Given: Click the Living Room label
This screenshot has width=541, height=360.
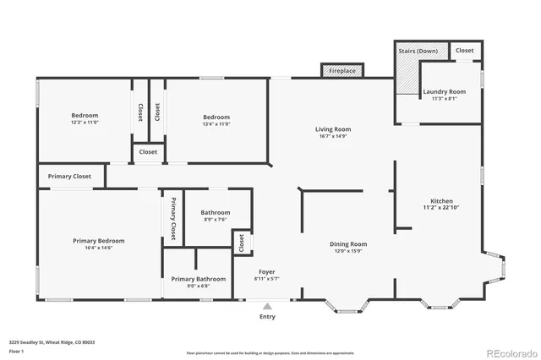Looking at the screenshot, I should [333, 129].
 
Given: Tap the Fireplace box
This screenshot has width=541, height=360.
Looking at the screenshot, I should [342, 71].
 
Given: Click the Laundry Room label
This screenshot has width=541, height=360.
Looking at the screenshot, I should [445, 91].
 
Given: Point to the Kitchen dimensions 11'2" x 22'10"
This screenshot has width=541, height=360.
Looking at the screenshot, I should [440, 207].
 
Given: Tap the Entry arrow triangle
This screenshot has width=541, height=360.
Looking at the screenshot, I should [267, 306].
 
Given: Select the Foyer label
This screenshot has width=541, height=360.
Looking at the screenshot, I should [267, 271].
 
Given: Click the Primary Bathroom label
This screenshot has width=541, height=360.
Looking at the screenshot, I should [199, 278].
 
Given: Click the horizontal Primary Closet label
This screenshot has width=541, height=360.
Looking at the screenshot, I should [69, 177].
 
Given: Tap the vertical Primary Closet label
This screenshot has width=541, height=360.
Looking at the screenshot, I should [174, 218].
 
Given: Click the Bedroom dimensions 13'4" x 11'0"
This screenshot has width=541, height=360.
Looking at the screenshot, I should [216, 123].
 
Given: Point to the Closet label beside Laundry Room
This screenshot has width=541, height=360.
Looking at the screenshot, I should [465, 51].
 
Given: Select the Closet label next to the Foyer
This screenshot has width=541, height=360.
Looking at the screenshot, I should [241, 243].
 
